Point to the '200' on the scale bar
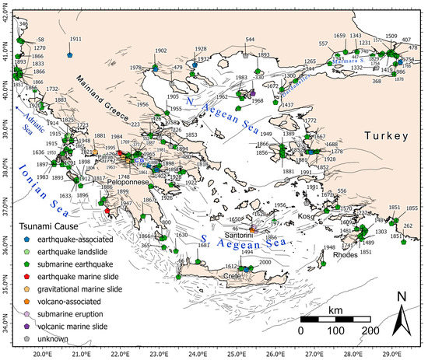pos(369,330)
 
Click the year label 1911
pos(75,40)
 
